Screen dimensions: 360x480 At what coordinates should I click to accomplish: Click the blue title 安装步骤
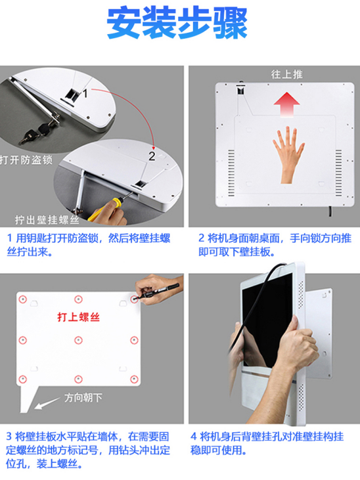click(177, 23)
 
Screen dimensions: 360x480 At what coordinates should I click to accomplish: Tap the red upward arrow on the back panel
click(286, 104)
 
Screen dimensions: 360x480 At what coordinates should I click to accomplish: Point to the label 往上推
click(287, 74)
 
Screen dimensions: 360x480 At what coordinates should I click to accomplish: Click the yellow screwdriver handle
click(105, 209)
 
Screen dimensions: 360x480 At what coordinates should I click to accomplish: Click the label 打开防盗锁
click(26, 160)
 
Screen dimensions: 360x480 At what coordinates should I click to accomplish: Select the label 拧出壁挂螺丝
click(47, 220)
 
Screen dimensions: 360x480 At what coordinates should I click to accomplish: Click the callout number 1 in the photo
click(85, 93)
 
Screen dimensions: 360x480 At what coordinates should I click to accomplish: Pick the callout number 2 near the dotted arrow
click(152, 156)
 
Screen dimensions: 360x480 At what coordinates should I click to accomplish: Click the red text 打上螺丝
click(78, 317)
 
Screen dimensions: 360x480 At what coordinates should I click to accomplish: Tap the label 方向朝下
click(83, 398)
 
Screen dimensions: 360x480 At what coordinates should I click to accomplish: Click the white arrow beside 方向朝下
click(47, 403)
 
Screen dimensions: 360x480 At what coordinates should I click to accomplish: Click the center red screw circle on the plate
click(78, 340)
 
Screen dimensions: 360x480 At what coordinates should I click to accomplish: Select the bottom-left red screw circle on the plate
click(23, 380)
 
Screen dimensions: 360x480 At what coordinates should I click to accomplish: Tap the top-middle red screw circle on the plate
click(78, 299)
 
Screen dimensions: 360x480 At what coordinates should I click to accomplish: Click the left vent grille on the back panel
click(231, 173)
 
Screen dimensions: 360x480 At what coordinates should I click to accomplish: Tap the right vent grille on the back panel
click(338, 173)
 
